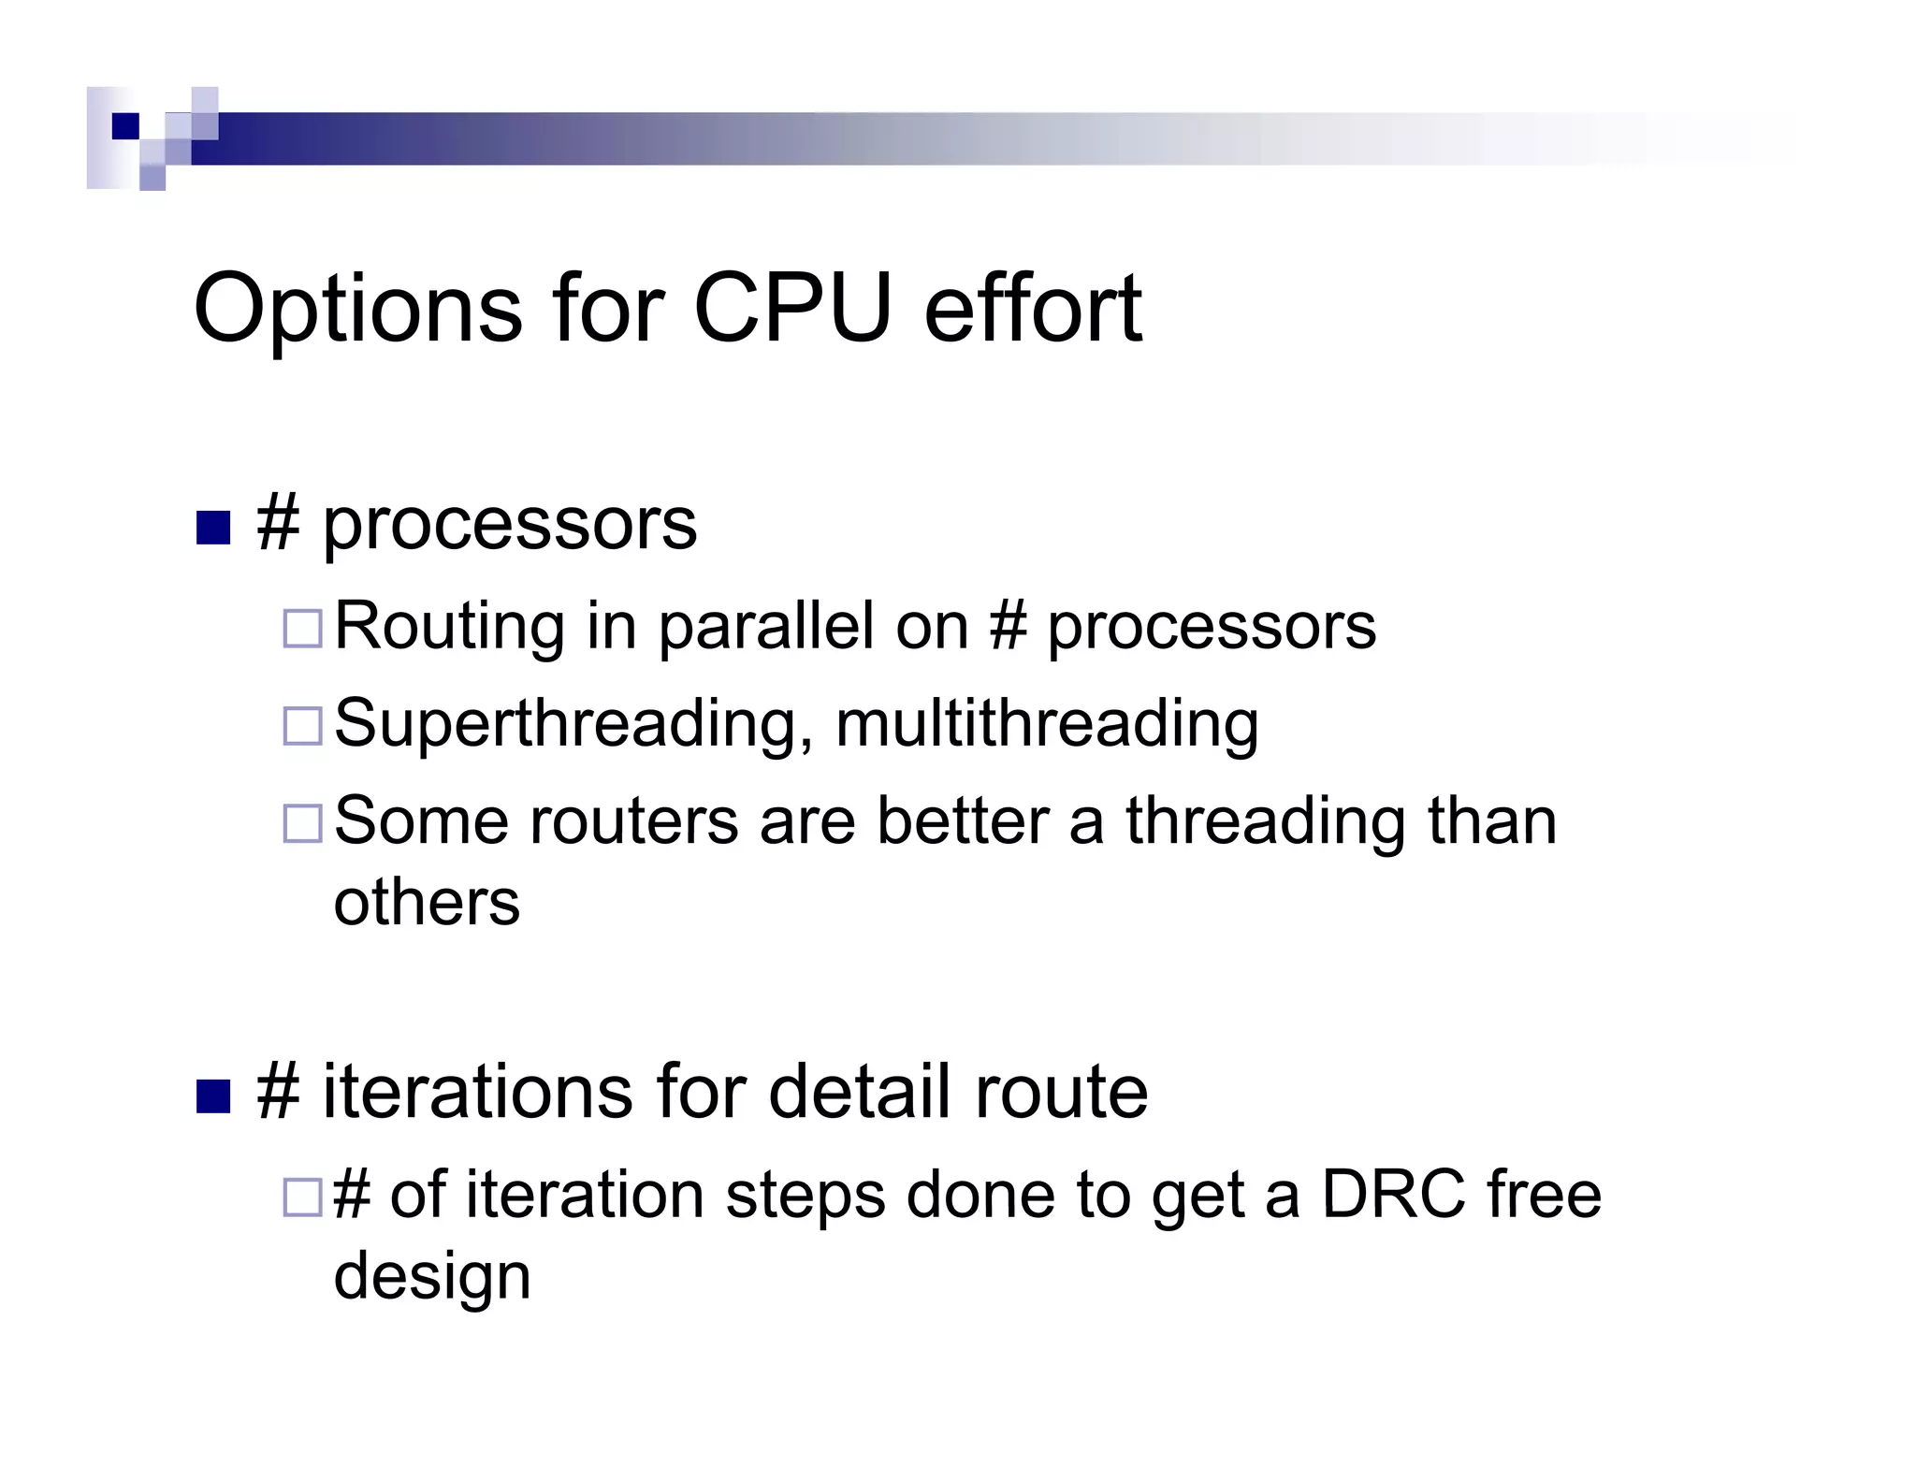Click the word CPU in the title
[x=791, y=309]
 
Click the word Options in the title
[x=356, y=309]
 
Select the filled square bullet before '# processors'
[x=213, y=528]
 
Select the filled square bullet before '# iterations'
[x=213, y=1096]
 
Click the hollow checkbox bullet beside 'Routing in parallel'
[x=303, y=628]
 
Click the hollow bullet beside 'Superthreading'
[x=303, y=726]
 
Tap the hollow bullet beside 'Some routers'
[x=303, y=823]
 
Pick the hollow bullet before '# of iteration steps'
[x=303, y=1197]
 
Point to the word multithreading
[x=1046, y=724]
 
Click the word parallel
[x=766, y=625]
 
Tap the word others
[x=427, y=903]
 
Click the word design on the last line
[x=432, y=1277]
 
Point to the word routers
[x=633, y=821]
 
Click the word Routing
[x=449, y=627]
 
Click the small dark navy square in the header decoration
[x=124, y=126]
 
